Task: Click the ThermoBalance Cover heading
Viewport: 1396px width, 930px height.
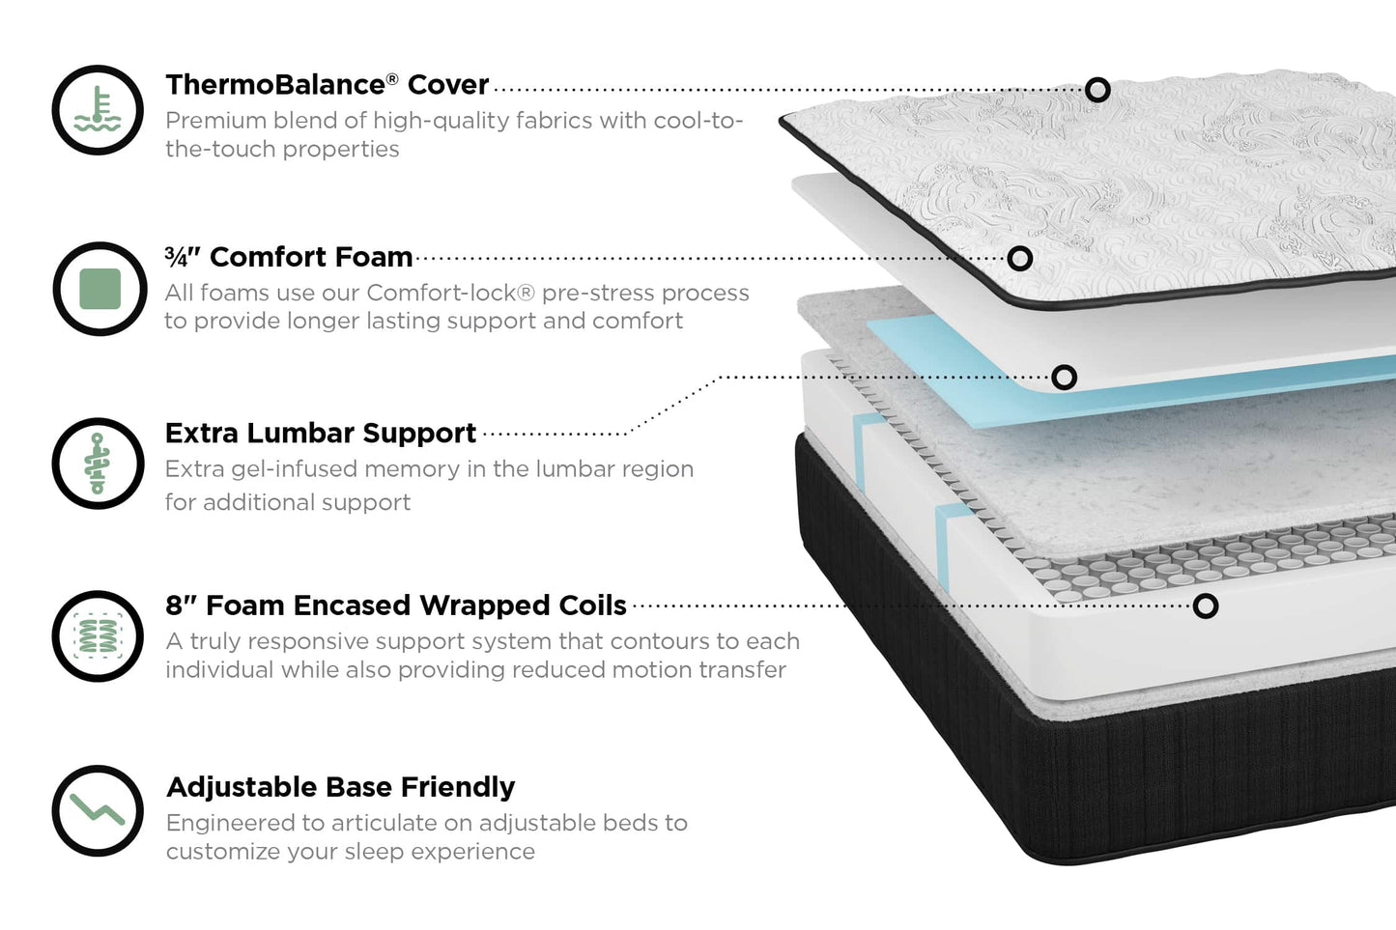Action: point(327,85)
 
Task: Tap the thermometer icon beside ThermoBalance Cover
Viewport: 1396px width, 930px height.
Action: point(98,110)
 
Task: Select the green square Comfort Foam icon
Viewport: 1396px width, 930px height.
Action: point(100,289)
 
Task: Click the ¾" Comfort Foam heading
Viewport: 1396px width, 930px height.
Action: point(288,257)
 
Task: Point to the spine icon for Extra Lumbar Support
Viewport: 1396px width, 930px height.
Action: point(98,464)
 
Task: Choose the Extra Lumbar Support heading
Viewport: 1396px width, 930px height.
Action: point(320,433)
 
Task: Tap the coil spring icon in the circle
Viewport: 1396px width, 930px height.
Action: point(98,636)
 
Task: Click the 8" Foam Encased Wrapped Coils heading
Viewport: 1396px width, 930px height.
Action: point(395,606)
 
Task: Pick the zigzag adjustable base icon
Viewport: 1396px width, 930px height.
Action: point(98,810)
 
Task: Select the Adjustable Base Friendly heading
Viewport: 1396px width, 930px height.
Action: point(340,787)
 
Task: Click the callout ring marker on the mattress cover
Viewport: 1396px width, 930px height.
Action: point(1097,90)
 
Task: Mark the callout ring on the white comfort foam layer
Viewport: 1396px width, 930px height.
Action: point(1020,258)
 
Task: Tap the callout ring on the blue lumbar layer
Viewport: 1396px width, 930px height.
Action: point(1064,377)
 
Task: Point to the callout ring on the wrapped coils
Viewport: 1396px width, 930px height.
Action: point(1205,606)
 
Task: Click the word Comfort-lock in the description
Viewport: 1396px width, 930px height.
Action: point(450,293)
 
